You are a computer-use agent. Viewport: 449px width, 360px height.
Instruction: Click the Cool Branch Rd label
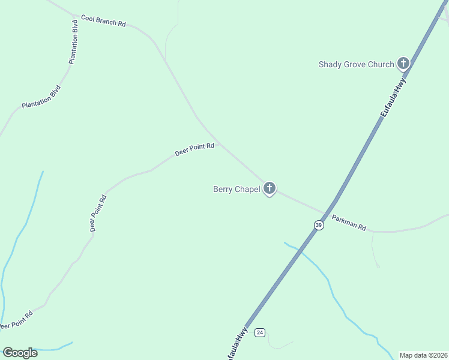tap(103, 20)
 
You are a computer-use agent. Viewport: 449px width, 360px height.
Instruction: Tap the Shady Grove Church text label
tap(356, 64)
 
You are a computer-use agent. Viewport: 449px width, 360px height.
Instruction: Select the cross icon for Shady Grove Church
tap(403, 63)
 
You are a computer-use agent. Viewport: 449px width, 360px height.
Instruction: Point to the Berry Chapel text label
tap(237, 189)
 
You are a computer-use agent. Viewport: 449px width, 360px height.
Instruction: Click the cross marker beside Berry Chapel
tap(270, 189)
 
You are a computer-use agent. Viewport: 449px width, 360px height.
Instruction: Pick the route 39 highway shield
tap(319, 225)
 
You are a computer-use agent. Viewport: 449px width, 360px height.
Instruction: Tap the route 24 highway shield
tap(259, 332)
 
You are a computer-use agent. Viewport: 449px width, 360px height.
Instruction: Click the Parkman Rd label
tap(349, 224)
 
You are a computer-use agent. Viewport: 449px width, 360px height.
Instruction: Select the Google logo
tap(20, 353)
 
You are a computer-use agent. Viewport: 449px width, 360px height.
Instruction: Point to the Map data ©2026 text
tap(423, 355)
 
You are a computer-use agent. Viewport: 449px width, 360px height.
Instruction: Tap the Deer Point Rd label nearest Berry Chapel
tap(194, 149)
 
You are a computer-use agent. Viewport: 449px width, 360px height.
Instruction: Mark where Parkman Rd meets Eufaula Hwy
tap(325, 214)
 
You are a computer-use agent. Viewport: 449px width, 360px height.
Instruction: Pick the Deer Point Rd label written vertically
tap(98, 213)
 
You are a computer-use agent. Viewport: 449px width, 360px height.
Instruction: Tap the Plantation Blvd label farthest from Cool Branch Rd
tap(41, 97)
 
